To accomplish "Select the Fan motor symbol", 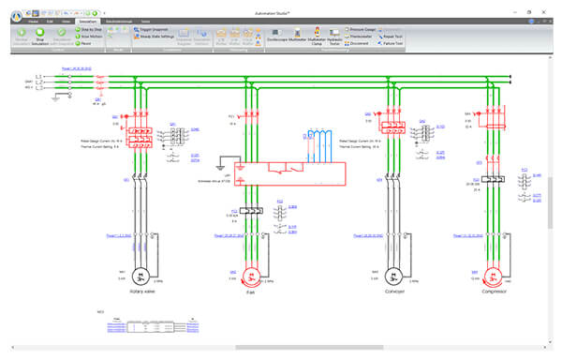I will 250,279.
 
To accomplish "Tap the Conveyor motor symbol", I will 388,279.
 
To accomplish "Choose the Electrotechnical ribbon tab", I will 124,20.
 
